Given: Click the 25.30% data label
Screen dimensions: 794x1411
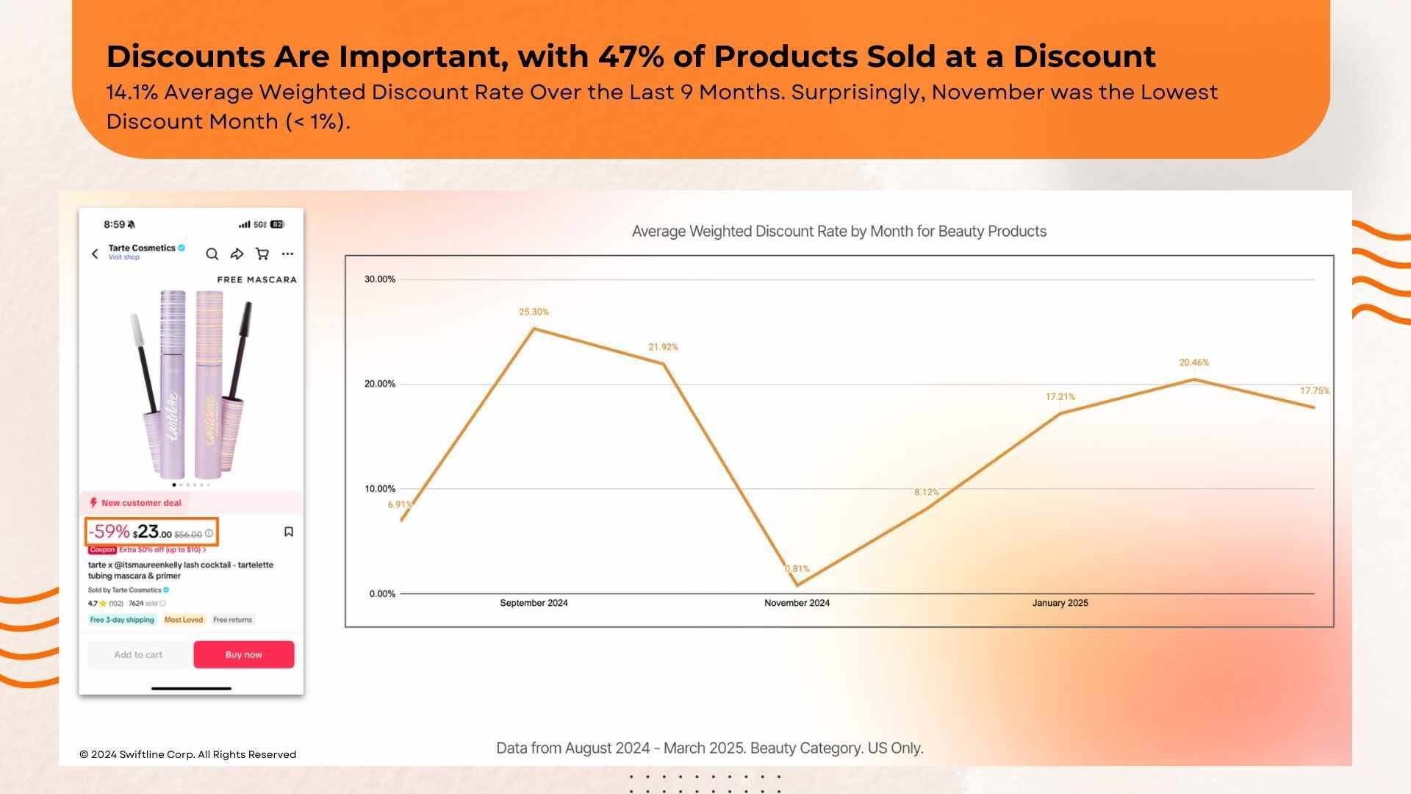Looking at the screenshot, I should click(534, 312).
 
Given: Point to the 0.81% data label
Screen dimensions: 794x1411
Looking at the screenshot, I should click(797, 568).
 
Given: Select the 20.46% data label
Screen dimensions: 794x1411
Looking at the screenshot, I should click(1193, 362).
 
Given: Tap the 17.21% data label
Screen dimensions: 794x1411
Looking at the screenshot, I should click(1060, 396).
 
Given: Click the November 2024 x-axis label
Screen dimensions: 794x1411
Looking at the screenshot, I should click(797, 603).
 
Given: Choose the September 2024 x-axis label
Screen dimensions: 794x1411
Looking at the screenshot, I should click(534, 603).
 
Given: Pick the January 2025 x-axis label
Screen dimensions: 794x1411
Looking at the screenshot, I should click(1060, 603).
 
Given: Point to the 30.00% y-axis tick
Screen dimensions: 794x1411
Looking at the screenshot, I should click(380, 279).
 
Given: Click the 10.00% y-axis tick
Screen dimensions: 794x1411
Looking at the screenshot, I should click(380, 489).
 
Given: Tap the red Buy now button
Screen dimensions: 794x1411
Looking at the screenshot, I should click(243, 654).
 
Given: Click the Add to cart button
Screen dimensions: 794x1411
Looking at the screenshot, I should click(138, 654).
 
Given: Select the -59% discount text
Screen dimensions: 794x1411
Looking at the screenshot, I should click(109, 532).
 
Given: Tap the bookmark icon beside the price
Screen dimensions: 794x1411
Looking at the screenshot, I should click(289, 532).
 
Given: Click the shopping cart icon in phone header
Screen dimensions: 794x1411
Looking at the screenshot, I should click(262, 254).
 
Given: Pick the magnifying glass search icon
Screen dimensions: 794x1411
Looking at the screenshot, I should click(212, 254).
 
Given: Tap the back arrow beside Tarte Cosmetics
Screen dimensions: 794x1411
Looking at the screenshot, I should click(95, 254).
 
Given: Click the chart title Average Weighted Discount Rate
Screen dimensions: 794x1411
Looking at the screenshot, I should click(839, 231).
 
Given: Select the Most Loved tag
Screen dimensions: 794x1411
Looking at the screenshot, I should click(183, 620).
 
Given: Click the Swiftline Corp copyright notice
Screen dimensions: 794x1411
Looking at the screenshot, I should click(187, 754).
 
